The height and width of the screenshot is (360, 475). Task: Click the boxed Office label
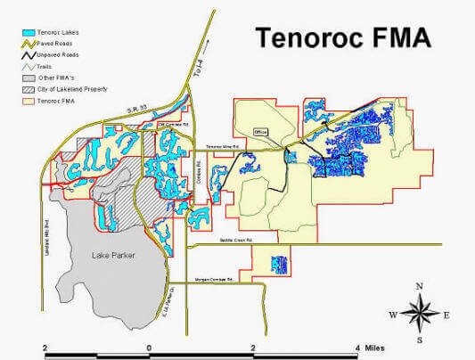click(x=261, y=131)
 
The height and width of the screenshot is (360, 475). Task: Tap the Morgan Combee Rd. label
click(x=214, y=280)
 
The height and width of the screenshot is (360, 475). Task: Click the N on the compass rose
click(x=419, y=286)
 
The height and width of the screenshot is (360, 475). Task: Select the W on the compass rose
click(x=391, y=315)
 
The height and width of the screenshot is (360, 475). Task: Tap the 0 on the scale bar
click(x=149, y=346)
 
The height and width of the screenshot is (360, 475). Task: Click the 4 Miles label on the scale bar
click(x=372, y=346)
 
